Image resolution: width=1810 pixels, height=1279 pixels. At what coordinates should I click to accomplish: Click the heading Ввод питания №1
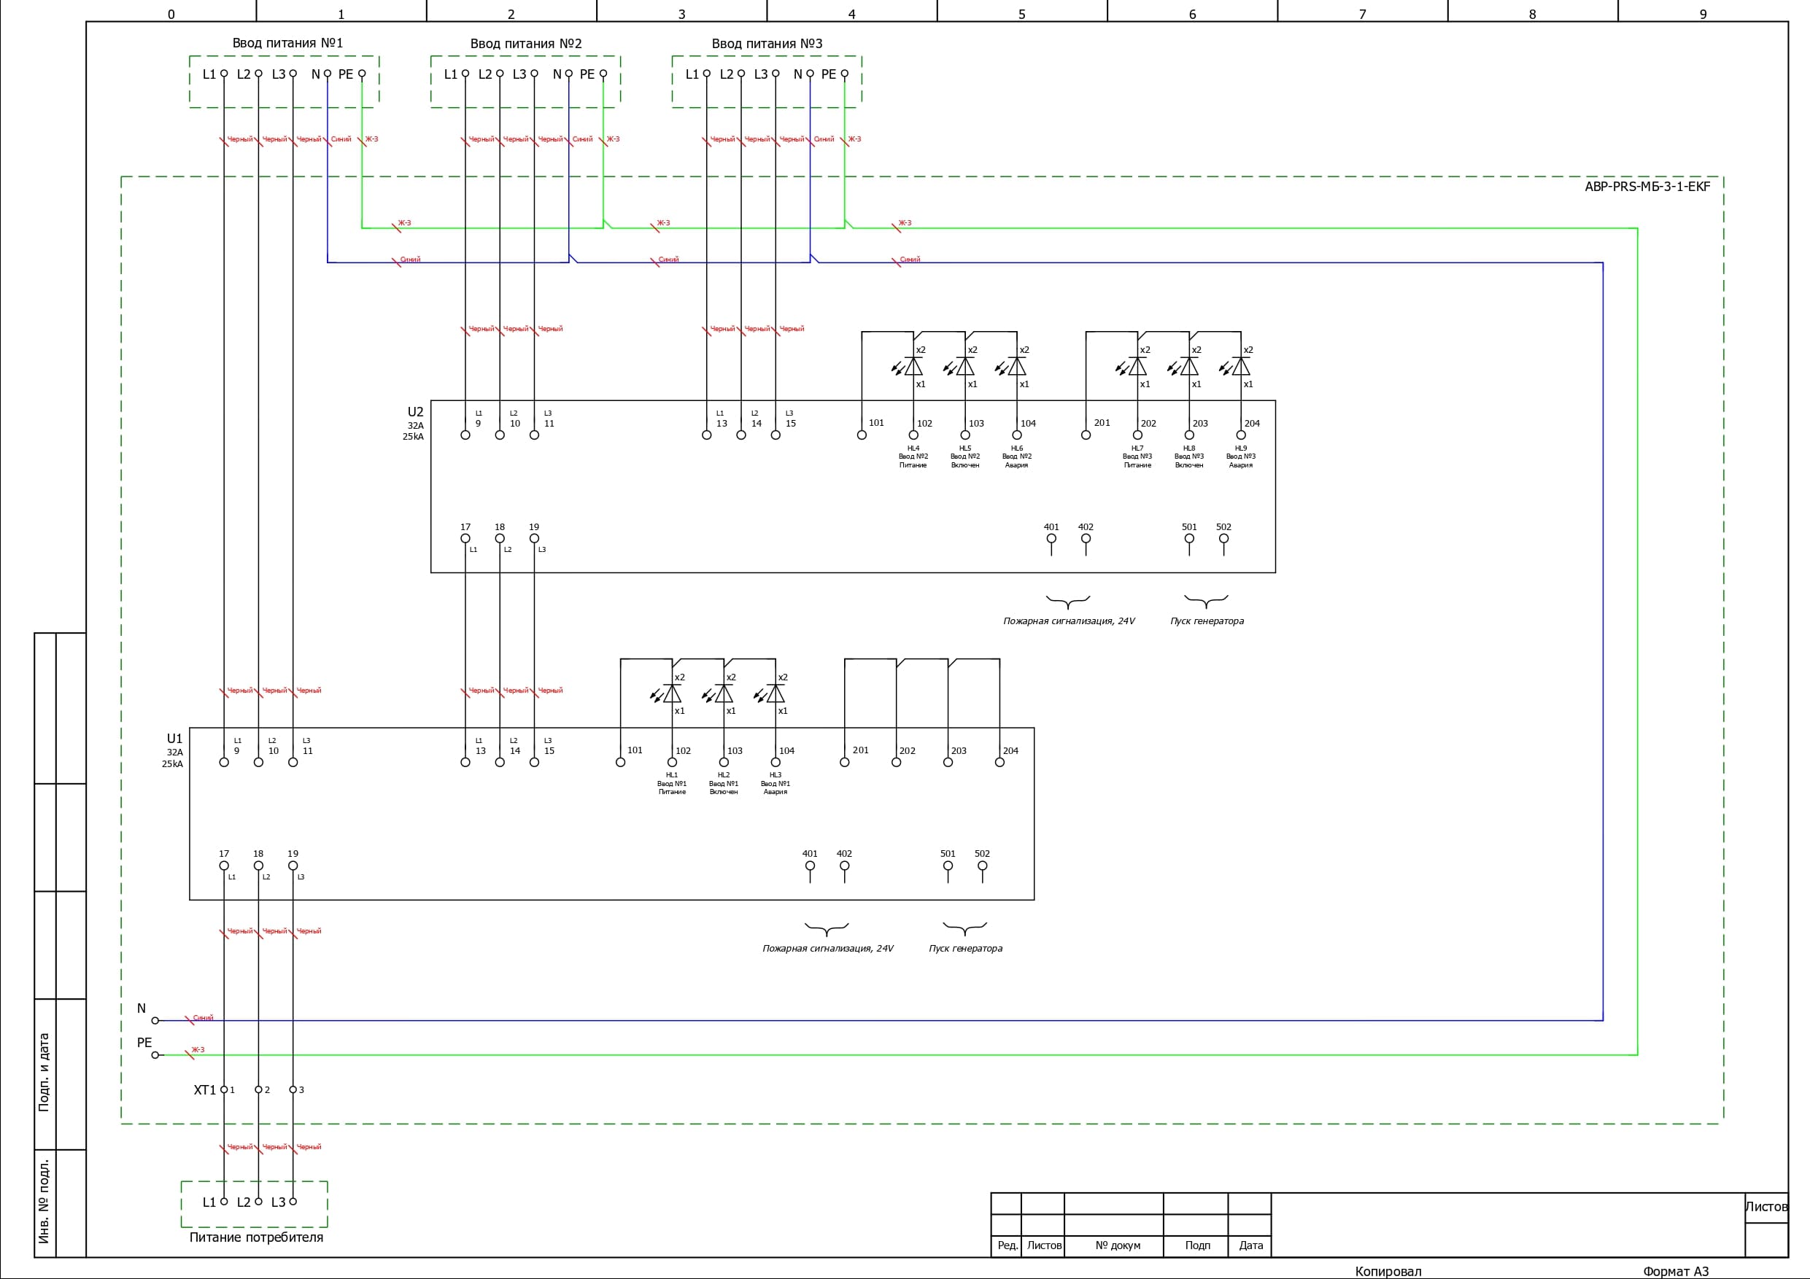(287, 42)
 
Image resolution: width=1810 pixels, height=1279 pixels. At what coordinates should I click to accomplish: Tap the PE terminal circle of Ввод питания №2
(603, 74)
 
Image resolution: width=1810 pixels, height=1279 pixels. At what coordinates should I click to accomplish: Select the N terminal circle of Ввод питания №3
(810, 74)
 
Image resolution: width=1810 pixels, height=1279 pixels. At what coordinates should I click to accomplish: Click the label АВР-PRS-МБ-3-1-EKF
(1647, 187)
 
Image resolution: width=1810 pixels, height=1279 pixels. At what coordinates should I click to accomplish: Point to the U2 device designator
(415, 411)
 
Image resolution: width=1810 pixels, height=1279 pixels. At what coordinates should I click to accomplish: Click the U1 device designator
(174, 739)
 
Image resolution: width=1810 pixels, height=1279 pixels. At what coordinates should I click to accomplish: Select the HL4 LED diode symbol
(913, 367)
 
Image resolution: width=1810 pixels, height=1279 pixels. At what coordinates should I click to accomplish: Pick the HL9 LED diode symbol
(1240, 367)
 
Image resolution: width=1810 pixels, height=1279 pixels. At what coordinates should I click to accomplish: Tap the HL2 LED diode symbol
(724, 693)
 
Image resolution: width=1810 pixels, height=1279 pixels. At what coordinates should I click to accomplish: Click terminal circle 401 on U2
(1051, 539)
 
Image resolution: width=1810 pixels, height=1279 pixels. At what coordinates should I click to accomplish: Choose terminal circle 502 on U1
(982, 866)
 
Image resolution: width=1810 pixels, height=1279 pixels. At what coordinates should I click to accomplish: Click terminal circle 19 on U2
(534, 539)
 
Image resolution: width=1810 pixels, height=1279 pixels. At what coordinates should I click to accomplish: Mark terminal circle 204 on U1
(999, 762)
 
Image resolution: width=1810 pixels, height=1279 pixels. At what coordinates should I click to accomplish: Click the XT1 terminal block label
(204, 1090)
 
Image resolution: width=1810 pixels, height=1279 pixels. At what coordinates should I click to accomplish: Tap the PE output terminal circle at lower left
(155, 1054)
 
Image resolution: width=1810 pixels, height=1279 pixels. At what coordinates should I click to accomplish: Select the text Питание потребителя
(256, 1237)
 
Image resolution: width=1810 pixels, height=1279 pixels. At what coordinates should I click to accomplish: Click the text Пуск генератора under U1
(965, 948)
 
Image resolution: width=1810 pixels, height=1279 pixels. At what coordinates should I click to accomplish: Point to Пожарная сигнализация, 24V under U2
(1068, 621)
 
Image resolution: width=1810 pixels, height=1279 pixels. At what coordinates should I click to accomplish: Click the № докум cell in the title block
(1117, 1245)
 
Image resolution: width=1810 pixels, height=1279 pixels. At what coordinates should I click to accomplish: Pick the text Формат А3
(1675, 1271)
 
